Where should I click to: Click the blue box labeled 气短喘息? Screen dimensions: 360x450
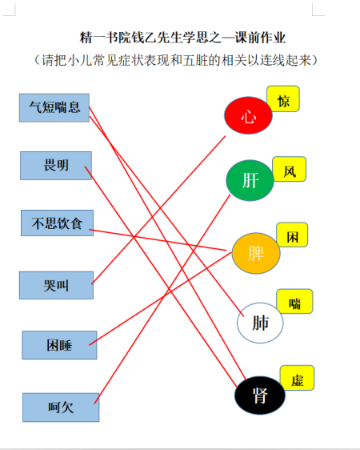(54, 107)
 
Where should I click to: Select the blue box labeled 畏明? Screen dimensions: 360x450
(56, 166)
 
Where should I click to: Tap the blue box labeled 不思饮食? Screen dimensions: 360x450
(57, 223)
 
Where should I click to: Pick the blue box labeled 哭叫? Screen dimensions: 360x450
(56, 285)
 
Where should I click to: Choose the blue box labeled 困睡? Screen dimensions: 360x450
(59, 345)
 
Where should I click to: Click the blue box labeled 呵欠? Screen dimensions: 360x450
(61, 408)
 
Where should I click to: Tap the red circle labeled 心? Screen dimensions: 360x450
(248, 115)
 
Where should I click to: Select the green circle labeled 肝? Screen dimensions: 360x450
(250, 180)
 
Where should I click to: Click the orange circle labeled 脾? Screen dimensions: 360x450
(256, 253)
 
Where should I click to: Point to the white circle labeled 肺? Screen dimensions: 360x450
(260, 323)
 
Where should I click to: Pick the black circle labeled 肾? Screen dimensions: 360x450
(260, 396)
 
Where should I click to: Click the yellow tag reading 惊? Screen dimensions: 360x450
(283, 98)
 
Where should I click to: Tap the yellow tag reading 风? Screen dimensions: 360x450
(290, 169)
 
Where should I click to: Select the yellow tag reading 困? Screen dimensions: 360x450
(292, 235)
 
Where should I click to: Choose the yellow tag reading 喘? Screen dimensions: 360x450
(294, 301)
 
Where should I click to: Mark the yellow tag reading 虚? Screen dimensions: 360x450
(298, 378)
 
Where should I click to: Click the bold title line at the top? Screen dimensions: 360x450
(182, 38)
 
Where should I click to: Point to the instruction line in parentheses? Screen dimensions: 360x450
(176, 60)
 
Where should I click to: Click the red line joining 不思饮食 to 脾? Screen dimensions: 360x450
(158, 240)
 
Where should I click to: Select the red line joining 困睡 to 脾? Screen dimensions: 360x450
(160, 299)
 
